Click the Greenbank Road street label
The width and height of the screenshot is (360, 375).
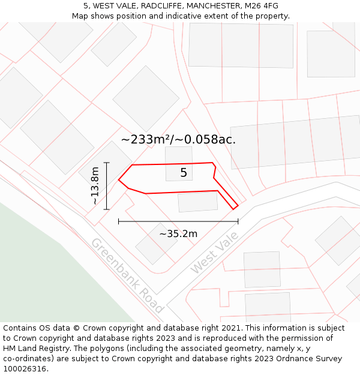(x=127, y=275)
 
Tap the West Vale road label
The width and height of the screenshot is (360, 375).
(x=214, y=253)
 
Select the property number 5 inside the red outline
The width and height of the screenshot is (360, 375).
(x=184, y=173)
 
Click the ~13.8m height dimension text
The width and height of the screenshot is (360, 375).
(x=95, y=186)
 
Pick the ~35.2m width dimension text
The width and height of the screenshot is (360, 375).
(x=178, y=233)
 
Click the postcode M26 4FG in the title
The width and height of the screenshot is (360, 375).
(x=262, y=6)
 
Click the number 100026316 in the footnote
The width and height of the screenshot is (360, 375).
(x=26, y=368)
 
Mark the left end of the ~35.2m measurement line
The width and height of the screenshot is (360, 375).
(x=119, y=221)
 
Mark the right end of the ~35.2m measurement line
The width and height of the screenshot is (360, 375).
(x=238, y=221)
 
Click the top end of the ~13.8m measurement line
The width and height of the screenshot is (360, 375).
(x=107, y=163)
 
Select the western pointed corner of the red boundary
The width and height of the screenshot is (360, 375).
(x=119, y=179)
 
